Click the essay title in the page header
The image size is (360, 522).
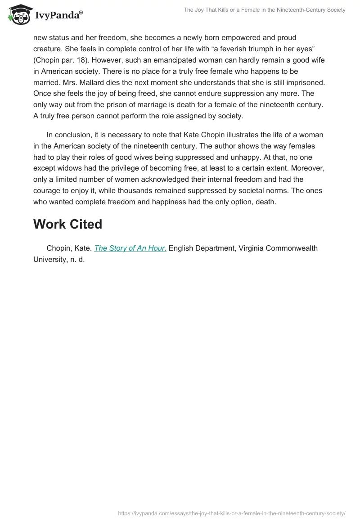point(264,10)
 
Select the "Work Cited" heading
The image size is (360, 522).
point(67,224)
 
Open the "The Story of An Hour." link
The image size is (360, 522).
point(130,248)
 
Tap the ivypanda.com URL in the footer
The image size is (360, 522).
point(231,513)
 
